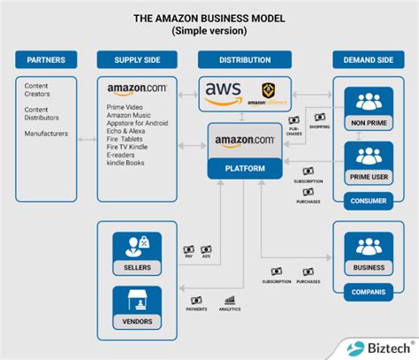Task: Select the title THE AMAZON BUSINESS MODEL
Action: click(209, 17)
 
